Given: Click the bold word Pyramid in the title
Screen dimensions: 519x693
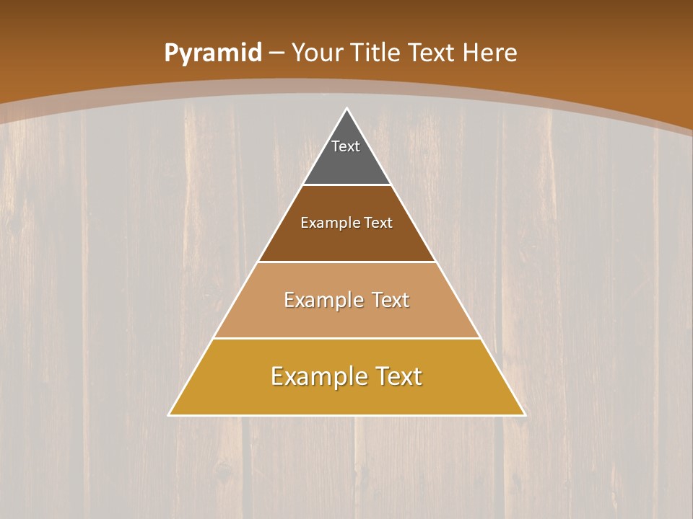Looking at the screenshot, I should click(x=213, y=53).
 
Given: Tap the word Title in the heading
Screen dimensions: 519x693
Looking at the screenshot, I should click(x=375, y=53).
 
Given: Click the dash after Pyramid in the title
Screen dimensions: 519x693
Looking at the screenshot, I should click(x=276, y=53).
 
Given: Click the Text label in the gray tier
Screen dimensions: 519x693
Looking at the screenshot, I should click(x=346, y=146).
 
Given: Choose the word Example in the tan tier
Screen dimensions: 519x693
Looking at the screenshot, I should click(x=323, y=300).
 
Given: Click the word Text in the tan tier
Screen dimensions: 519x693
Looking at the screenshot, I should click(x=391, y=300).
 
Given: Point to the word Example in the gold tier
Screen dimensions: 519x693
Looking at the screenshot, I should click(x=318, y=376).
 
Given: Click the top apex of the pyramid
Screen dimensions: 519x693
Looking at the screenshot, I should click(x=346, y=109).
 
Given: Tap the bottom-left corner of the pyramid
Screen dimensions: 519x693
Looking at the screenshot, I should click(x=170, y=414).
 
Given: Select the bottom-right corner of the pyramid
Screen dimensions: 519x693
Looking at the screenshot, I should click(x=524, y=414).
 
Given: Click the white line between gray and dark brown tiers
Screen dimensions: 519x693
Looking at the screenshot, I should click(x=346, y=185).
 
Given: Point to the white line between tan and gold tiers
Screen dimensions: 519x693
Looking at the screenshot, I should click(x=346, y=338).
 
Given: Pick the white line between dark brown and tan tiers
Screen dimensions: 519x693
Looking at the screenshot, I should click(x=346, y=262).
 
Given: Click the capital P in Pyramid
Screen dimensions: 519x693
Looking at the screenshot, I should click(x=171, y=53).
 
